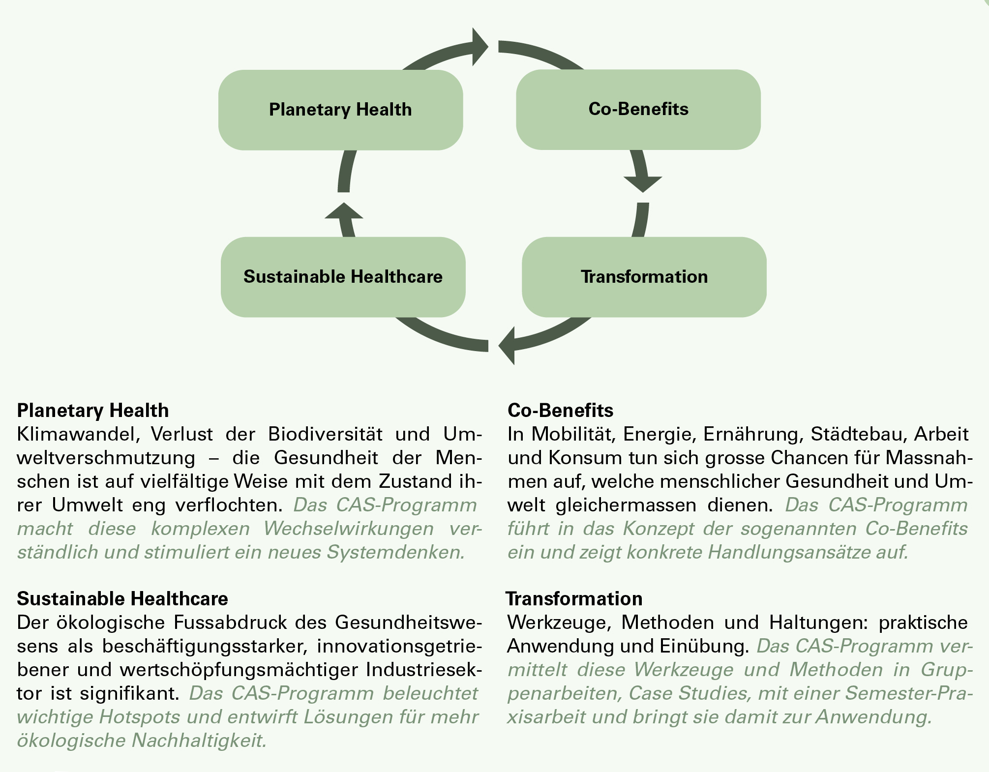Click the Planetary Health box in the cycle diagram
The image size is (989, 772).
pos(340,110)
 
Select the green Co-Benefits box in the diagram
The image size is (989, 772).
pos(638,109)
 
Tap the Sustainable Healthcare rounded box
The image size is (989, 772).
pos(343,277)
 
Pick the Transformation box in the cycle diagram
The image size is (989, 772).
pos(644,277)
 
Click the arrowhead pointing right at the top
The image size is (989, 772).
pos(479,47)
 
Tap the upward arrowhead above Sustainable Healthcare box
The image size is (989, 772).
pos(344,211)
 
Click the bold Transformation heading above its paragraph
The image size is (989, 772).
pos(574,598)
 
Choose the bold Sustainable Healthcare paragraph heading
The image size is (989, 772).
pos(122,598)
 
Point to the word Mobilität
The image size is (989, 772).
pos(572,434)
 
